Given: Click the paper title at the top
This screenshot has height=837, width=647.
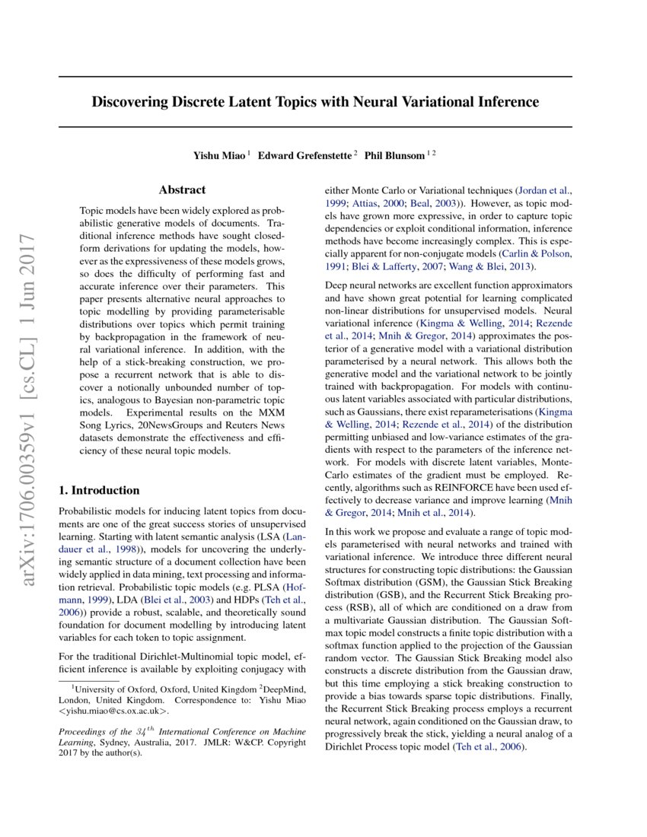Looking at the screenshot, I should click(315, 102).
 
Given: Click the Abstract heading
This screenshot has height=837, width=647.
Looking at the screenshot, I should click(182, 190).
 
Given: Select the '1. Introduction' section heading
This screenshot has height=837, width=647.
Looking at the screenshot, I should click(99, 490).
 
